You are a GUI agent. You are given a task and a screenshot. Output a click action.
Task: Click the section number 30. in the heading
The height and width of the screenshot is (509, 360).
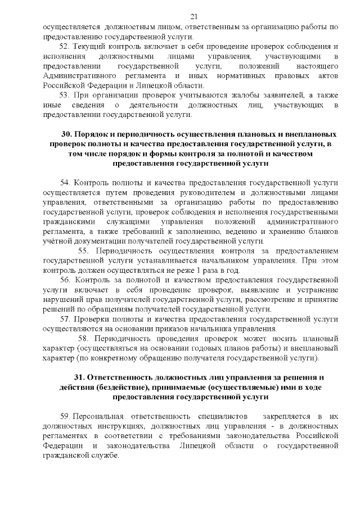(67, 134)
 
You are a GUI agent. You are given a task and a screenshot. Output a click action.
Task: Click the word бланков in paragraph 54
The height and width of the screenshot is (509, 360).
(323, 231)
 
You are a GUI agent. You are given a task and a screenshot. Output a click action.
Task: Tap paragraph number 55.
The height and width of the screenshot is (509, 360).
(84, 251)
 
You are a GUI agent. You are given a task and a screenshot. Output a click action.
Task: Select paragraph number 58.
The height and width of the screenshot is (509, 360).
(84, 338)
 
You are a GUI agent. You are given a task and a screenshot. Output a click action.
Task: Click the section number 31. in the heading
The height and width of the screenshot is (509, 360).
(79, 377)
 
